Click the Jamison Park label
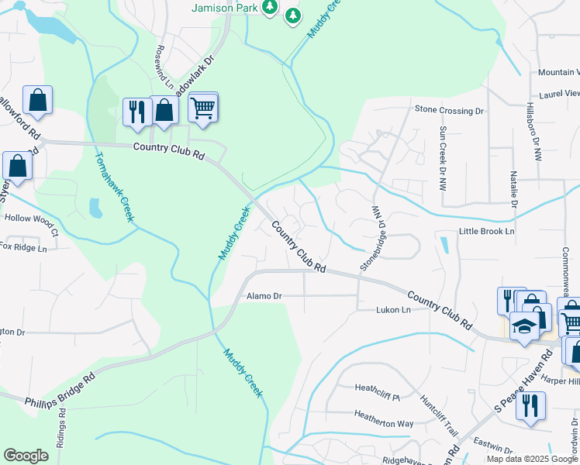click(x=225, y=8)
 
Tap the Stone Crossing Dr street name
click(x=450, y=111)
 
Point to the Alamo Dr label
click(x=264, y=296)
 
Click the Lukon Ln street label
click(x=392, y=310)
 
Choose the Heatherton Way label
click(x=384, y=423)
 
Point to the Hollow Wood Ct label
click(x=31, y=223)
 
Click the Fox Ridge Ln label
click(x=23, y=248)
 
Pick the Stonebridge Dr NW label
click(x=374, y=238)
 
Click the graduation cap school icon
click(x=524, y=325)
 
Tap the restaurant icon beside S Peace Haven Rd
click(x=530, y=405)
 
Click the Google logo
click(x=26, y=456)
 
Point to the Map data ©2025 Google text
click(x=533, y=459)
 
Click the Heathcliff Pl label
click(x=376, y=387)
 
